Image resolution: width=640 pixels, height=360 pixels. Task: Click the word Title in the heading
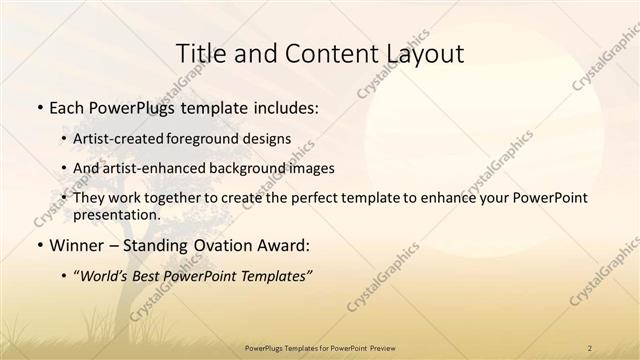(199, 54)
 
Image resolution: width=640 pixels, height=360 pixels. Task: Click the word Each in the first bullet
(68, 106)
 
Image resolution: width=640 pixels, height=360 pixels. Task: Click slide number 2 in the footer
(590, 347)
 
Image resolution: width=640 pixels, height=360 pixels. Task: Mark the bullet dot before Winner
(38, 245)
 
